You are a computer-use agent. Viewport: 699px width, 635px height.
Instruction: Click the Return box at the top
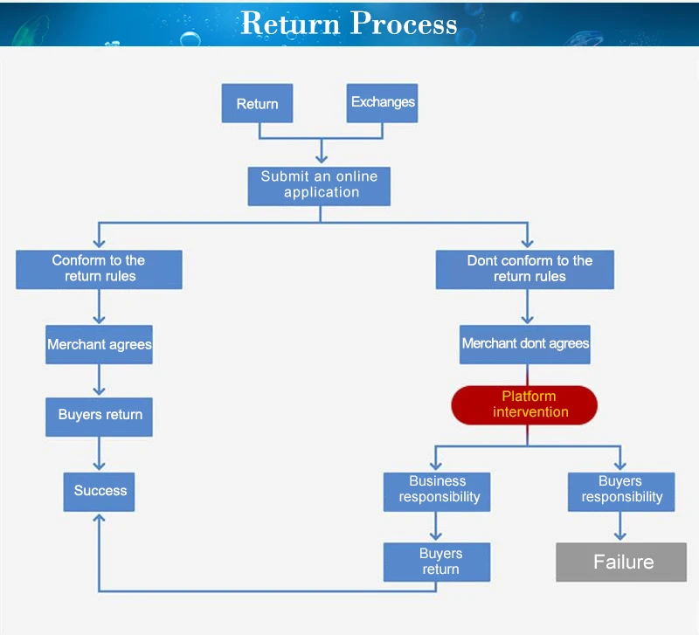pos(257,104)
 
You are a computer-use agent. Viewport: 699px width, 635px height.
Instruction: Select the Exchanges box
pos(383,102)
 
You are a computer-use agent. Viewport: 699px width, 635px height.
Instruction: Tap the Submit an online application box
pos(320,185)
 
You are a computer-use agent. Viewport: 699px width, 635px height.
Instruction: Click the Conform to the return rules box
pos(99,269)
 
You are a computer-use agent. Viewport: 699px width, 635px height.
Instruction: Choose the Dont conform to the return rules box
pos(526,269)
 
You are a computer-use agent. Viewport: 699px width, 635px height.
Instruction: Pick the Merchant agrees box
pos(100,344)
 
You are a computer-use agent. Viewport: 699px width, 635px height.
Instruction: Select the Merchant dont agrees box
pos(526,344)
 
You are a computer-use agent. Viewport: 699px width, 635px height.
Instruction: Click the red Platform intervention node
pos(524,404)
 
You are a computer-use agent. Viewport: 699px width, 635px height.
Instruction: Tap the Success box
pos(100,491)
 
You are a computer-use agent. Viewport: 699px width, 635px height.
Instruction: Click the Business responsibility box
pos(437,490)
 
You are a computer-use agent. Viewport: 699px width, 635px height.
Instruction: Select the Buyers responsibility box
pos(620,490)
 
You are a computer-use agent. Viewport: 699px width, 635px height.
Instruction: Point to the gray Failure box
pos(622,562)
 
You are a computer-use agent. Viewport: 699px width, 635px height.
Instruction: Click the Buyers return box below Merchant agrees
pos(100,416)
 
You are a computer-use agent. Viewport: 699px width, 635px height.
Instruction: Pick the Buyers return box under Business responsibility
pos(437,562)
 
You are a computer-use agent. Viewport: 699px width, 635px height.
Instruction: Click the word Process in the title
pos(405,24)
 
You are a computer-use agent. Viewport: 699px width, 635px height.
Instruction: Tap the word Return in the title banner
pos(291,24)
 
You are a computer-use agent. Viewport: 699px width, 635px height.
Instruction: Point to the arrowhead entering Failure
pos(621,536)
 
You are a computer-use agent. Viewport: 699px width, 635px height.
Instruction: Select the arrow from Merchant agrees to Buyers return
pos(100,381)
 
